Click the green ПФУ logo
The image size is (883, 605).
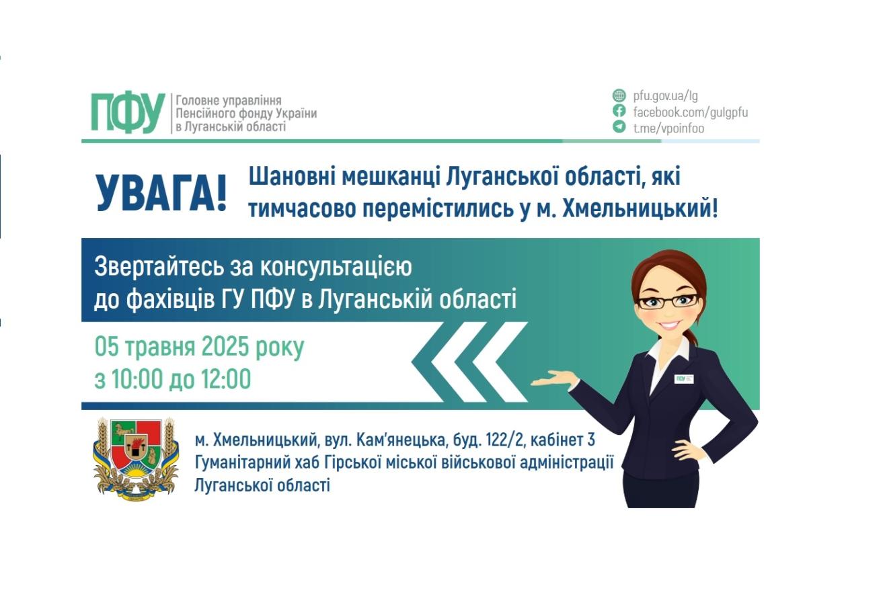tap(128, 113)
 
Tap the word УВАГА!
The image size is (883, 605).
tap(161, 194)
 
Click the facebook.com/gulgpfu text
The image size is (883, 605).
tap(690, 112)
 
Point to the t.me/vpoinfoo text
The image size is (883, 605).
tap(668, 128)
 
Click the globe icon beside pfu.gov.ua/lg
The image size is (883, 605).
tap(619, 95)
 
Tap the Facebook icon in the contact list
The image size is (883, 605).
tap(619, 111)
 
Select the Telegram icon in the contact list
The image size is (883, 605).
tap(619, 126)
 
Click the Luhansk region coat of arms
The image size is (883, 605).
tap(135, 458)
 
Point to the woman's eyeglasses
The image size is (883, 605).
tap(668, 301)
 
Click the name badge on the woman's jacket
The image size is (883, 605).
tap(684, 379)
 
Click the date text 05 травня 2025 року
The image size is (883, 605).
tap(199, 348)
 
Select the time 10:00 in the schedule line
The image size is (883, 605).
tap(137, 380)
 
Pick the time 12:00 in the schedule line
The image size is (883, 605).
tap(225, 380)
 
